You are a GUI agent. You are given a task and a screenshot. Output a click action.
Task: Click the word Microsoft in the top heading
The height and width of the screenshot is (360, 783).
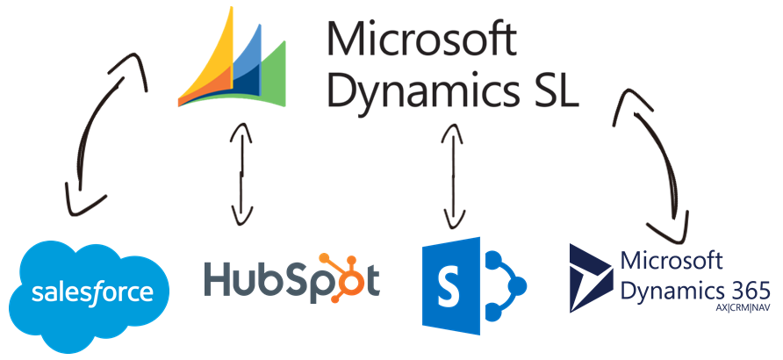(420, 40)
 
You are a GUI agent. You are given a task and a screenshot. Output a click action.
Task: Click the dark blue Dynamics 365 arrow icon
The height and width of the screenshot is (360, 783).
(591, 277)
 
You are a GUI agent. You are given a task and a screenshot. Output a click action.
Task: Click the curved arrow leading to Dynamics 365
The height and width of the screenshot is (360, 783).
(654, 149)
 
